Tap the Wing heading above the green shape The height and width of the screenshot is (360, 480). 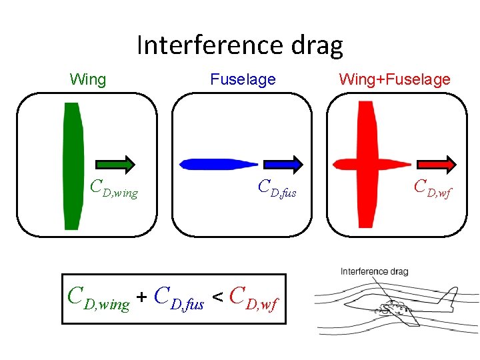tap(87, 80)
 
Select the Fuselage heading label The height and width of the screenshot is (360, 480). tap(243, 80)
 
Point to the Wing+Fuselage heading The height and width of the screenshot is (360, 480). tap(395, 80)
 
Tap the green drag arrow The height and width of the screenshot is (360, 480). tap(115, 164)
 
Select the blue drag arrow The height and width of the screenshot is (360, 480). tap(283, 164)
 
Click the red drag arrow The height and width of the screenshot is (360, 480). tap(437, 164)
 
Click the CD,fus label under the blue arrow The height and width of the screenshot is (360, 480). tap(277, 189)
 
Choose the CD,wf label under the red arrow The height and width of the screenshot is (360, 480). tap(433, 189)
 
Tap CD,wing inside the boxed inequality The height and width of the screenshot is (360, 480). tap(99, 299)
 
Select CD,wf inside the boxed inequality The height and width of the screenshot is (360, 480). tap(253, 299)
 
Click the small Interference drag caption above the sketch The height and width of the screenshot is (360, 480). tap(374, 271)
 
